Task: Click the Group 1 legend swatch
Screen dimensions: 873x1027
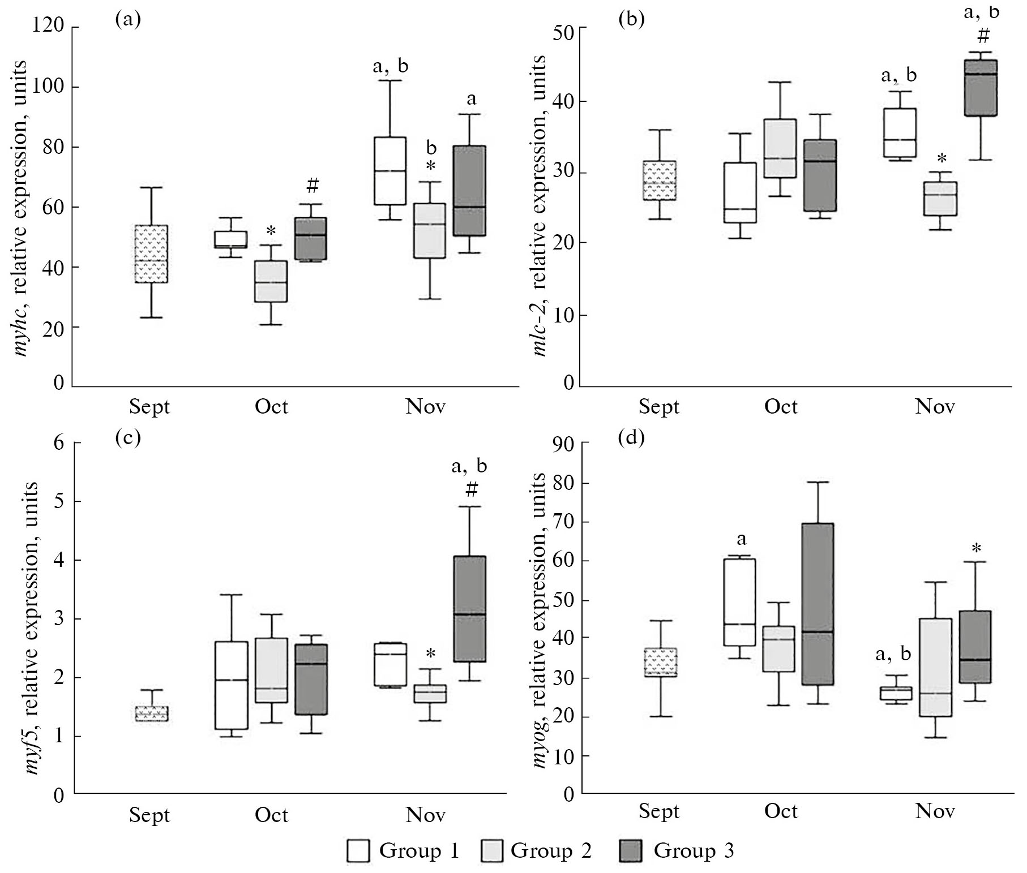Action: click(x=358, y=851)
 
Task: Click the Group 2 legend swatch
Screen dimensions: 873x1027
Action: click(x=492, y=851)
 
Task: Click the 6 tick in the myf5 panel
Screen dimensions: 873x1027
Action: click(x=59, y=442)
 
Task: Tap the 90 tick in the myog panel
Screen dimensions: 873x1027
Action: click(x=562, y=445)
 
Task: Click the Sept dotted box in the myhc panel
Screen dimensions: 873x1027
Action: click(x=151, y=253)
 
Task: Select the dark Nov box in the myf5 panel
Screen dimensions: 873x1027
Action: click(x=470, y=609)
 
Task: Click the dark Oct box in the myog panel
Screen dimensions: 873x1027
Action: click(x=817, y=604)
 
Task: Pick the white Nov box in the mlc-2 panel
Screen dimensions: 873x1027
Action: click(x=900, y=133)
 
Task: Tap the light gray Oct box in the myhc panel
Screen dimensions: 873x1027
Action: click(x=271, y=281)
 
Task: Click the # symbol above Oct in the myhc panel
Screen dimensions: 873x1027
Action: click(x=313, y=185)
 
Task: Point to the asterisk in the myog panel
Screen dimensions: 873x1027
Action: click(x=976, y=548)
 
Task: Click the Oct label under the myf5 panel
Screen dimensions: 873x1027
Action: click(x=271, y=815)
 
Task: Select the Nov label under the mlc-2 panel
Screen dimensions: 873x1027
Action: click(x=935, y=407)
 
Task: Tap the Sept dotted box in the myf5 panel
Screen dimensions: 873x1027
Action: click(x=151, y=713)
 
